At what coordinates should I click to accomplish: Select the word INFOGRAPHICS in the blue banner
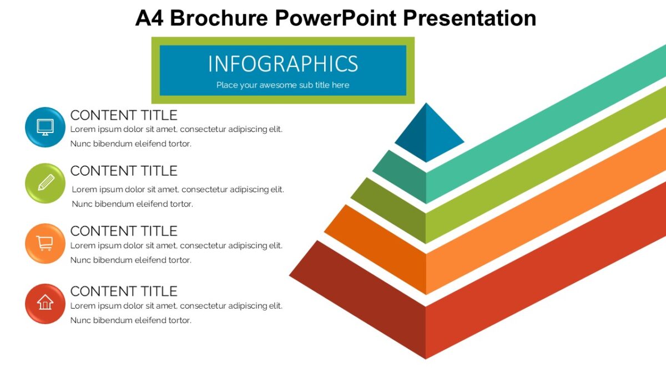point(282,64)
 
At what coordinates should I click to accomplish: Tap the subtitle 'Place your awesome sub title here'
point(282,85)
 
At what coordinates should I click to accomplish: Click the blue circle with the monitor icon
point(45,127)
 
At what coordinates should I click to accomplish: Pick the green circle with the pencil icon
point(45,183)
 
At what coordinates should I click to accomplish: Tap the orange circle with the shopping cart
point(45,243)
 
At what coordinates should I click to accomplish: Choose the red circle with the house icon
point(45,303)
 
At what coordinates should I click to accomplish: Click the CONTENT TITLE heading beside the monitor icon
point(123,115)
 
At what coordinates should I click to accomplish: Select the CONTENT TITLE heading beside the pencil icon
point(123,171)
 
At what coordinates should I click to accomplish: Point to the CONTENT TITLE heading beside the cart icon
point(123,231)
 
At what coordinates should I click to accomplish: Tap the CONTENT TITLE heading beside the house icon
point(123,291)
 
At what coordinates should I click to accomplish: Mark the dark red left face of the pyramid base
point(366,299)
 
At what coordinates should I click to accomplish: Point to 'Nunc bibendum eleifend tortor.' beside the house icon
point(130,320)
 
